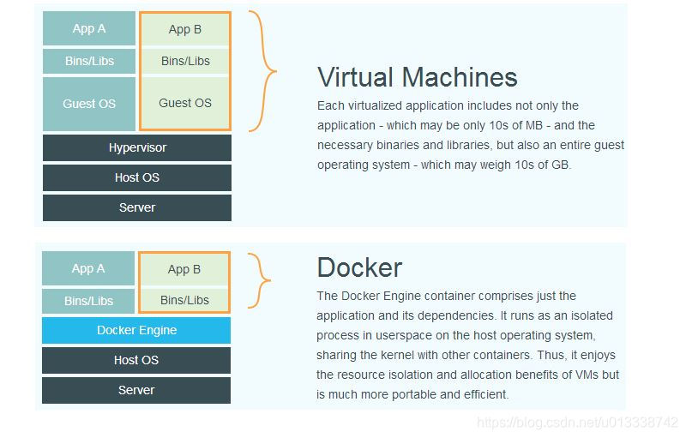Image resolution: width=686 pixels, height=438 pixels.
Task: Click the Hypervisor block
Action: coord(137,147)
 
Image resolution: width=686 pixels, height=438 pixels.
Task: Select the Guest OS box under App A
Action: coord(89,104)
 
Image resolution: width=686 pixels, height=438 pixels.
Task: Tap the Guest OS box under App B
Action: coord(185,103)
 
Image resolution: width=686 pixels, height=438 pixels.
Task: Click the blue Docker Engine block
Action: coord(136,330)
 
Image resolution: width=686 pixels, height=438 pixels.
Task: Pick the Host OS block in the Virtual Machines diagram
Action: coord(137,177)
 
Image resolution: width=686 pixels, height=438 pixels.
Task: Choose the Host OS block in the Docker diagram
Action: coord(136,360)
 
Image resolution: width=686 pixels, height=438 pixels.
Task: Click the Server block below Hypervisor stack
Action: coord(137,207)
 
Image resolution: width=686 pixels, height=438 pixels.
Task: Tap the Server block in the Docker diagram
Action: coord(136,390)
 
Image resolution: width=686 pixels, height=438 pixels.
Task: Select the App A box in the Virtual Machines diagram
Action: coord(89,28)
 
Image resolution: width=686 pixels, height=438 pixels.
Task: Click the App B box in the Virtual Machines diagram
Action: coord(185,29)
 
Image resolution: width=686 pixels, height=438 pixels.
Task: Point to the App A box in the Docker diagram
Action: coord(88,268)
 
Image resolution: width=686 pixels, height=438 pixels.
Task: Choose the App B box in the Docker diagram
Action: coord(184,269)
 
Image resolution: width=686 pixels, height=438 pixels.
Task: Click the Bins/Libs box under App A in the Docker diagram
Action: coord(88,301)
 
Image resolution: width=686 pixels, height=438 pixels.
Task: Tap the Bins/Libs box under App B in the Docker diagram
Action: coord(184,300)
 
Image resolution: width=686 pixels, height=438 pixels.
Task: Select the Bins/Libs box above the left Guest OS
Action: coord(89,61)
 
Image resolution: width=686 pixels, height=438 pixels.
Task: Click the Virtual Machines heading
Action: coord(417,77)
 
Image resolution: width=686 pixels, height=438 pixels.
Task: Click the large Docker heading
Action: coord(359,267)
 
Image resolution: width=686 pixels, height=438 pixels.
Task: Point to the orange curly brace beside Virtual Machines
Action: coord(264,71)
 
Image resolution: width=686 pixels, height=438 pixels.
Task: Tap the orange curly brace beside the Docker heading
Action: coord(261,280)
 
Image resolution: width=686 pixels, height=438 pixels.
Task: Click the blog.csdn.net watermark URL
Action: coord(577,423)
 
